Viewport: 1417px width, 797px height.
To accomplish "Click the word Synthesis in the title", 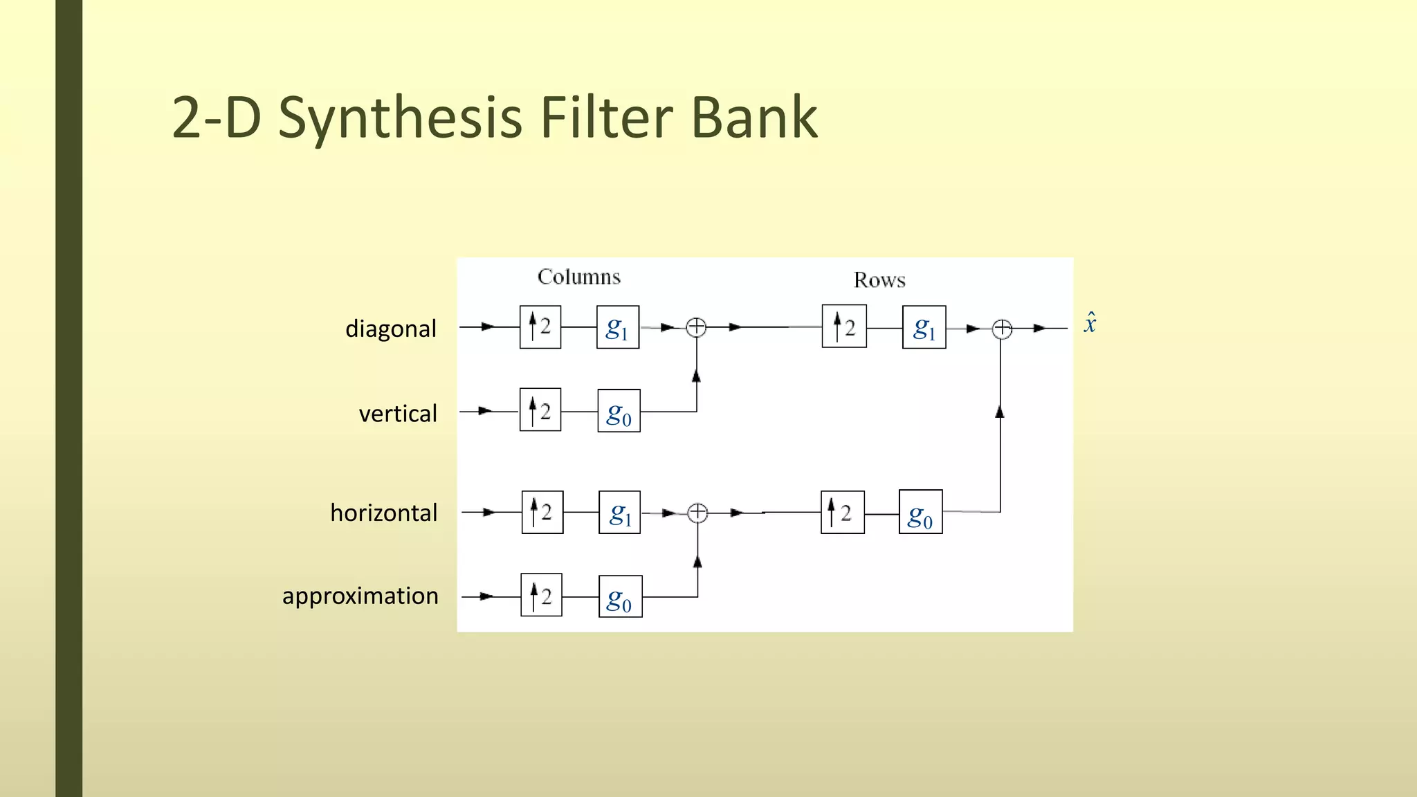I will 399,118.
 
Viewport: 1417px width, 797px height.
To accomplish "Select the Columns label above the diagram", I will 579,277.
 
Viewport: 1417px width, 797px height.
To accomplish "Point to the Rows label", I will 879,280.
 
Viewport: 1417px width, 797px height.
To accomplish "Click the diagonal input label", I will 391,329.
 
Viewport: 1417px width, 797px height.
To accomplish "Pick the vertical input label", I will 398,414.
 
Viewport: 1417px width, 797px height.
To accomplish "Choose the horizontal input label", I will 384,513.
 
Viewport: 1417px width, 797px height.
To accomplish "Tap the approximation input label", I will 360,596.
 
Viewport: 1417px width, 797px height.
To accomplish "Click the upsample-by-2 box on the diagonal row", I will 540,327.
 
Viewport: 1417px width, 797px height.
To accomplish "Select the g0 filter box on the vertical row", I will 619,411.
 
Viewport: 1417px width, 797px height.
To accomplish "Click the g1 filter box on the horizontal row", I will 619,513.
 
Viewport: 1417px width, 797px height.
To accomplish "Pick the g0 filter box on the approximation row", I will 620,596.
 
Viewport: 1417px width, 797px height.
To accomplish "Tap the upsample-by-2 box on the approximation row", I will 541,595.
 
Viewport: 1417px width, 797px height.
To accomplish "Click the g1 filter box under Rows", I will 924,327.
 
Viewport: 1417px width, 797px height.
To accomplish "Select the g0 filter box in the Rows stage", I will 920,512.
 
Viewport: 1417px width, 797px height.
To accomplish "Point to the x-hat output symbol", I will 1090,323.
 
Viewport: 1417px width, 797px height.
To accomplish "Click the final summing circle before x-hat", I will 1001,329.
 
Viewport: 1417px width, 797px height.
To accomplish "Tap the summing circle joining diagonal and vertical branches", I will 696,327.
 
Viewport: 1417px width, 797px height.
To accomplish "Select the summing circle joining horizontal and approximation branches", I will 697,513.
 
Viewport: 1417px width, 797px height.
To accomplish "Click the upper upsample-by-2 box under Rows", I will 844,326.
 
